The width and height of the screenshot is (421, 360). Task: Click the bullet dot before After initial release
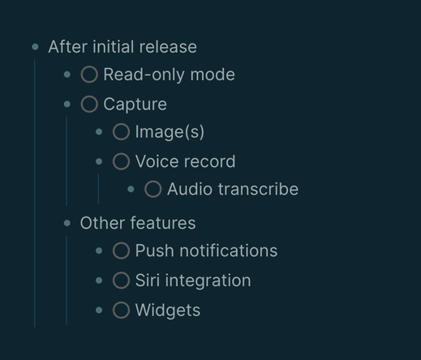(x=35, y=47)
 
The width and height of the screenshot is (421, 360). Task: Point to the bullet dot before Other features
(x=67, y=223)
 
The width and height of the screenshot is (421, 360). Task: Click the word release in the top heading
(x=168, y=47)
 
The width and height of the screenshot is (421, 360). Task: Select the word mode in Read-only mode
(x=213, y=75)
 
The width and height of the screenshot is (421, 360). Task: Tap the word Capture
(x=135, y=105)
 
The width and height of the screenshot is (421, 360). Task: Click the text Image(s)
(x=170, y=132)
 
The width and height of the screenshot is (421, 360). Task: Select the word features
(x=163, y=223)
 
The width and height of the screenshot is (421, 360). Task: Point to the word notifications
(x=229, y=251)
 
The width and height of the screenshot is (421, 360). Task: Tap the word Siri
(x=148, y=281)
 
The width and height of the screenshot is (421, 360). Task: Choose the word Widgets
(x=168, y=311)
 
